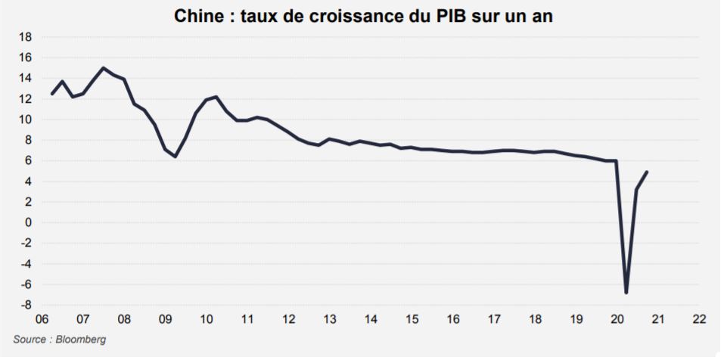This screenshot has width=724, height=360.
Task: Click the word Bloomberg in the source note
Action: pos(81,340)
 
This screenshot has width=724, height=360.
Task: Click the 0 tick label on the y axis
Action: pos(28,222)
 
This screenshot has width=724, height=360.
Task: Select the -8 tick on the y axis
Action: pos(26,305)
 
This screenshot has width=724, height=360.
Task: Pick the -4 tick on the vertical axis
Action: pos(26,264)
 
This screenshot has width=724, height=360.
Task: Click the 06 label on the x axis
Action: pos(42,319)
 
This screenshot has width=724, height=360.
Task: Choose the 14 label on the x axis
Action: pos(371,319)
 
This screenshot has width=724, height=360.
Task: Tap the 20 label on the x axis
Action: pos(617,319)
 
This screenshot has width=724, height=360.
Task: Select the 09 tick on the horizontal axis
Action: pos(165,319)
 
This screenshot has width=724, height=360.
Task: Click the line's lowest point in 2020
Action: pos(626,293)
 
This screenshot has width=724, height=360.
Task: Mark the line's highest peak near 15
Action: pos(103,68)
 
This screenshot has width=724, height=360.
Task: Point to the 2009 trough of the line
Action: pos(176,157)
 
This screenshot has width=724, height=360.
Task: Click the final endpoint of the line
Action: pos(647,172)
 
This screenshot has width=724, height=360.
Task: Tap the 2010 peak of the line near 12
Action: pos(216,97)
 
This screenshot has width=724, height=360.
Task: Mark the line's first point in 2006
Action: pos(51,94)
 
